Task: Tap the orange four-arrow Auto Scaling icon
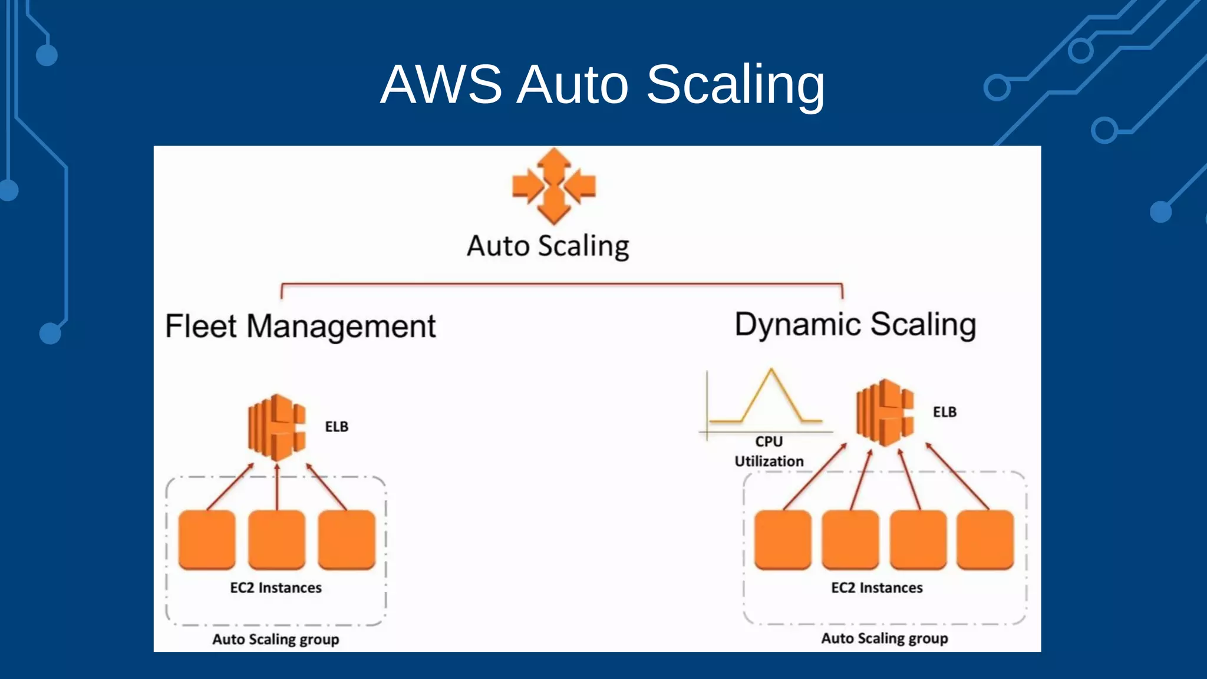(x=553, y=186)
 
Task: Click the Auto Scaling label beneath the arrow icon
(x=548, y=246)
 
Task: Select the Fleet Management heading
(x=300, y=327)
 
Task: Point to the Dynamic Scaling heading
(x=855, y=325)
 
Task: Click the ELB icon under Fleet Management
(x=277, y=427)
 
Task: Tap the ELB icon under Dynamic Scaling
(x=885, y=413)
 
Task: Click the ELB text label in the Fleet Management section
(x=337, y=427)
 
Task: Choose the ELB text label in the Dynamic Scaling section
(x=944, y=412)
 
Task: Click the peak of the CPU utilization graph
(x=770, y=371)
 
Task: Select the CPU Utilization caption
(x=769, y=451)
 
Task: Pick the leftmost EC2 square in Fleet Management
(x=207, y=539)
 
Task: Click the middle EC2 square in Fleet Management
(x=276, y=539)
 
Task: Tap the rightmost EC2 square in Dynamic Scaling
(x=985, y=539)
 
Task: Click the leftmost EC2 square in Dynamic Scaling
(x=783, y=539)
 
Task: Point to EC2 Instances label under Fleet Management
(x=276, y=588)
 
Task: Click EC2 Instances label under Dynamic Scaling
(x=876, y=588)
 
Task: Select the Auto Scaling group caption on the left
(x=276, y=639)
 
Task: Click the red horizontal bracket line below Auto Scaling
(x=562, y=284)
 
